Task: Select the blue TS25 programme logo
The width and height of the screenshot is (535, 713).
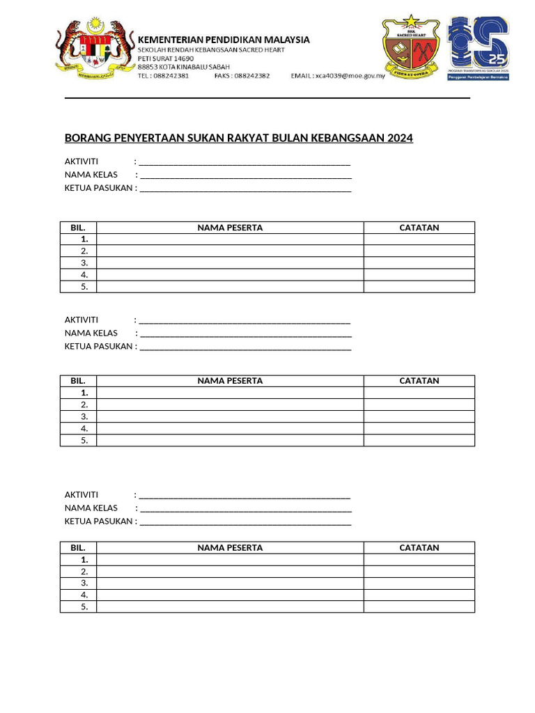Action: point(478,47)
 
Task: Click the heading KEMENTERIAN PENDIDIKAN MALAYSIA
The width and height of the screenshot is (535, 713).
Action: point(223,40)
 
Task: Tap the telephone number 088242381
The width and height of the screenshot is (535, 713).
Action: point(171,76)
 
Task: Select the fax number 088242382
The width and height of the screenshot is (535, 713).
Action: point(251,76)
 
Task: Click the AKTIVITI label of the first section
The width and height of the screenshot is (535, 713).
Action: point(82,162)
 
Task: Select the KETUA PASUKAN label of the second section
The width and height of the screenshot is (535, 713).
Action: point(98,346)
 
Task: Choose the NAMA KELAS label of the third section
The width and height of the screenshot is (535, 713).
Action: point(91,508)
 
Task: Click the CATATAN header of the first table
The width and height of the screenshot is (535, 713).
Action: point(419,228)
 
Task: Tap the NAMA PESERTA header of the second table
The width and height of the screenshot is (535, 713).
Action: point(230,381)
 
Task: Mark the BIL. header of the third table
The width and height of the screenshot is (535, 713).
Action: point(77,548)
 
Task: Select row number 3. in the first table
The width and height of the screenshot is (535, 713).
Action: point(84,263)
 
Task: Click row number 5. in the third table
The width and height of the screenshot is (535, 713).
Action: point(84,606)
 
